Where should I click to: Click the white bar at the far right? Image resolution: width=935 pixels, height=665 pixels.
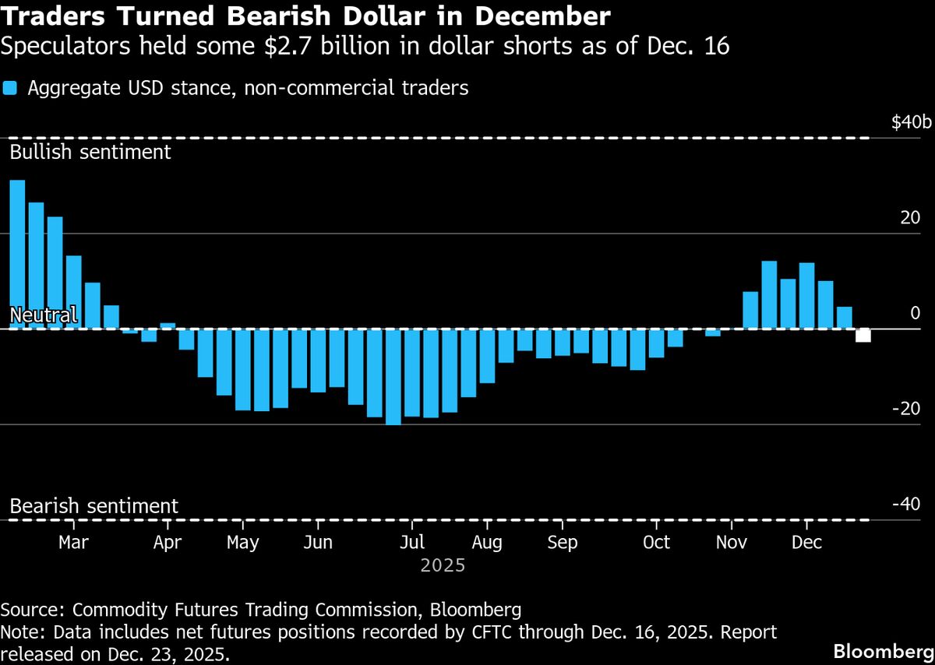pyautogui.click(x=863, y=336)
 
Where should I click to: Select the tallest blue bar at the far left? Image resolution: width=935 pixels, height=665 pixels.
pyautogui.click(x=17, y=254)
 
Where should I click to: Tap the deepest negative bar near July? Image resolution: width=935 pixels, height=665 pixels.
pyautogui.click(x=393, y=377)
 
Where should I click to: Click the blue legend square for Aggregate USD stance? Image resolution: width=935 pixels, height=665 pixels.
pyautogui.click(x=9, y=88)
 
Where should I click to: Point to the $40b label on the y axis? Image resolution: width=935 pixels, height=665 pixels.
pyautogui.click(x=911, y=122)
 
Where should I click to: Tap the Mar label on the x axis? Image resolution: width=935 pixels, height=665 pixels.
pyautogui.click(x=73, y=542)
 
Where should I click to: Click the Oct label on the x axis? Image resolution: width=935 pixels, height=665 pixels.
pyautogui.click(x=656, y=542)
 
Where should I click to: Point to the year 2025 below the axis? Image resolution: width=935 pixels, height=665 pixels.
pyautogui.click(x=443, y=565)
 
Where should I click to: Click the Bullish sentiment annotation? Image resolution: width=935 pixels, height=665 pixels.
pyautogui.click(x=90, y=151)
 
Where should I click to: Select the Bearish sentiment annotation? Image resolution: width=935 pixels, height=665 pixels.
pyautogui.click(x=93, y=506)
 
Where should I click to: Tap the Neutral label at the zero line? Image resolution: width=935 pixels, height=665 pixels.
pyautogui.click(x=43, y=315)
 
